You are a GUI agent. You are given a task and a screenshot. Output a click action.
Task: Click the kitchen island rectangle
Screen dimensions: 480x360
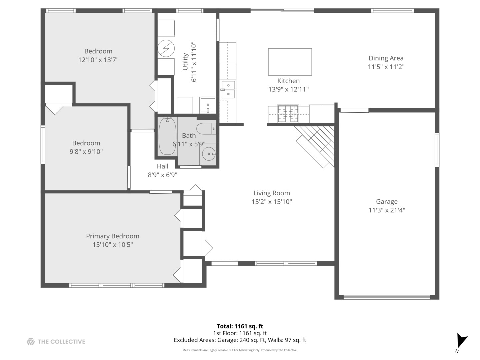(290, 62)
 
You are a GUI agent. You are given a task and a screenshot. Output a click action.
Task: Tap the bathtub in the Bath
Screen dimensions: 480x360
(167, 136)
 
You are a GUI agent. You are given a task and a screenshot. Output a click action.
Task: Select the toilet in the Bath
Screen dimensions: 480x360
(206, 129)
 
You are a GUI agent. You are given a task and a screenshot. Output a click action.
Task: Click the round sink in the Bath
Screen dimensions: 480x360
(209, 154)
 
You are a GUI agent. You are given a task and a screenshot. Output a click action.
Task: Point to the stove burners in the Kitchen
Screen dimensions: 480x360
(288, 113)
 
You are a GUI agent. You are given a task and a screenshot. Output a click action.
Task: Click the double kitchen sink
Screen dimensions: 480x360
(228, 90)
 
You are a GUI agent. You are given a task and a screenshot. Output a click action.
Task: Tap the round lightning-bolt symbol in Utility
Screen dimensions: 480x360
(166, 48)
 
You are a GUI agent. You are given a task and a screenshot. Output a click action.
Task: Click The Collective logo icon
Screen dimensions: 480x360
(31, 341)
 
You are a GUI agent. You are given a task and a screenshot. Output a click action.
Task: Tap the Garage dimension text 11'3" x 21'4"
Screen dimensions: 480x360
(387, 210)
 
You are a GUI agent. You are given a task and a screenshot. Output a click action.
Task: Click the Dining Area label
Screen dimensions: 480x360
(386, 58)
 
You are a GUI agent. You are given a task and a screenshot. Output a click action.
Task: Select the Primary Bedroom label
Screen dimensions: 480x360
(113, 236)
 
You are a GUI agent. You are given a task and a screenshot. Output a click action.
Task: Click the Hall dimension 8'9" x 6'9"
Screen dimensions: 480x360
(162, 175)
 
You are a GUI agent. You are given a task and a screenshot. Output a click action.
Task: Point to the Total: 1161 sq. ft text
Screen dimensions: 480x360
(240, 326)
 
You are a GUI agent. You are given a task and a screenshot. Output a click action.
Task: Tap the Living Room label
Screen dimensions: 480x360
(272, 193)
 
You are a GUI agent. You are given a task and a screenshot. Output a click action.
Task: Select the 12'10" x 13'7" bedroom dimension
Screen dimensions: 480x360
(98, 60)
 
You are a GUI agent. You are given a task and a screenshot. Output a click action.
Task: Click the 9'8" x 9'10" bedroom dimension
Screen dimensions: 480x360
(86, 151)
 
